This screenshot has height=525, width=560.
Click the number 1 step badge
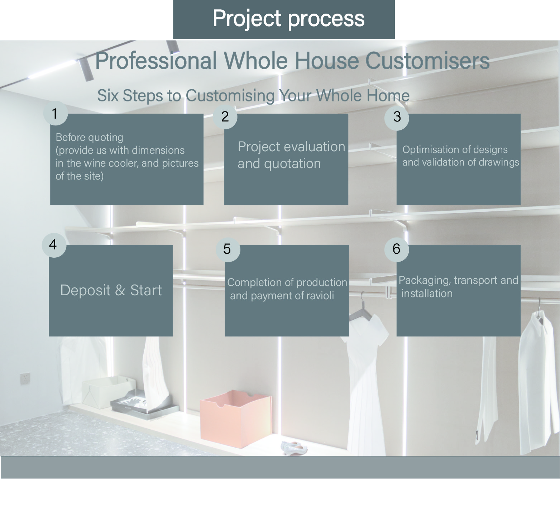(x=55, y=113)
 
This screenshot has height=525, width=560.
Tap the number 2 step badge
(x=225, y=116)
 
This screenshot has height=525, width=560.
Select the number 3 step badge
(x=397, y=117)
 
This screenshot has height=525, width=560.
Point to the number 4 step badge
(x=54, y=245)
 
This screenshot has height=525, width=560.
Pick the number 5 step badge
(x=228, y=249)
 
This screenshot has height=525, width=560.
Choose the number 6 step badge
(x=397, y=249)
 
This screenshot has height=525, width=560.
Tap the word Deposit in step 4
(x=85, y=290)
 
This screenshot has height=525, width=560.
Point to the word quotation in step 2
(x=292, y=164)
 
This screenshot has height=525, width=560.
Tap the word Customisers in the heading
(x=427, y=61)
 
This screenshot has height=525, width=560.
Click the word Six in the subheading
(x=108, y=96)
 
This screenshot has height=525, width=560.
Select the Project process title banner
(x=284, y=19)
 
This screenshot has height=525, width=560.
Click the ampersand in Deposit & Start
(x=120, y=290)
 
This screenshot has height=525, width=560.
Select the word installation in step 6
(x=427, y=293)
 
